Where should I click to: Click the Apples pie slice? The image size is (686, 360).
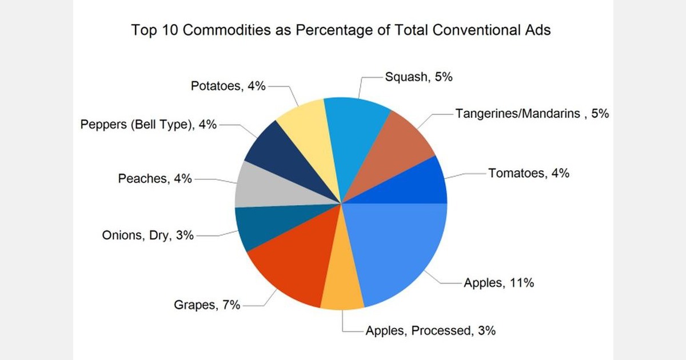400,251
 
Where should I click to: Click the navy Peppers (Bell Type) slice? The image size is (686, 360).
274,154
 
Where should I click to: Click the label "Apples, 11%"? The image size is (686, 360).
498,282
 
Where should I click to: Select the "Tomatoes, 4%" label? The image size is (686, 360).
528,173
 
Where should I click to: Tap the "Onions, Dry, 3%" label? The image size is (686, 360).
147,235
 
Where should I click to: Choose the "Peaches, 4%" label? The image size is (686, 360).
155,178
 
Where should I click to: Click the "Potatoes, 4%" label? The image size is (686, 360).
228,86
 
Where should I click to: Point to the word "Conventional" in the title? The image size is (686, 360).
469,30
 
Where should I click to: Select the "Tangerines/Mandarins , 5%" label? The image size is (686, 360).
532,114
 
